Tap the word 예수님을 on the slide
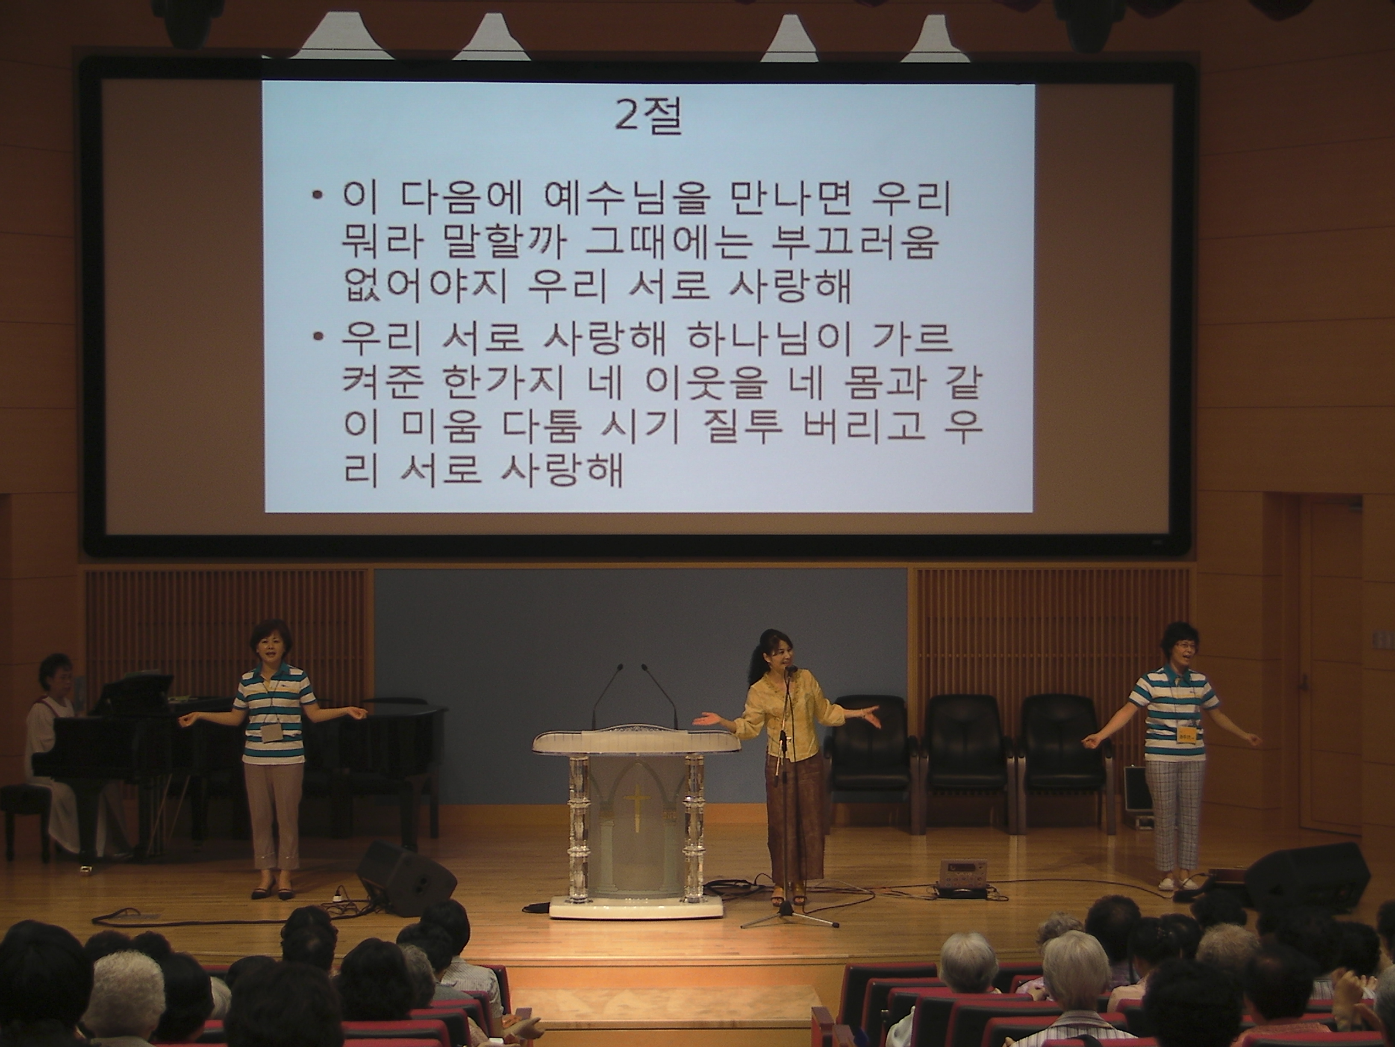624,199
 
